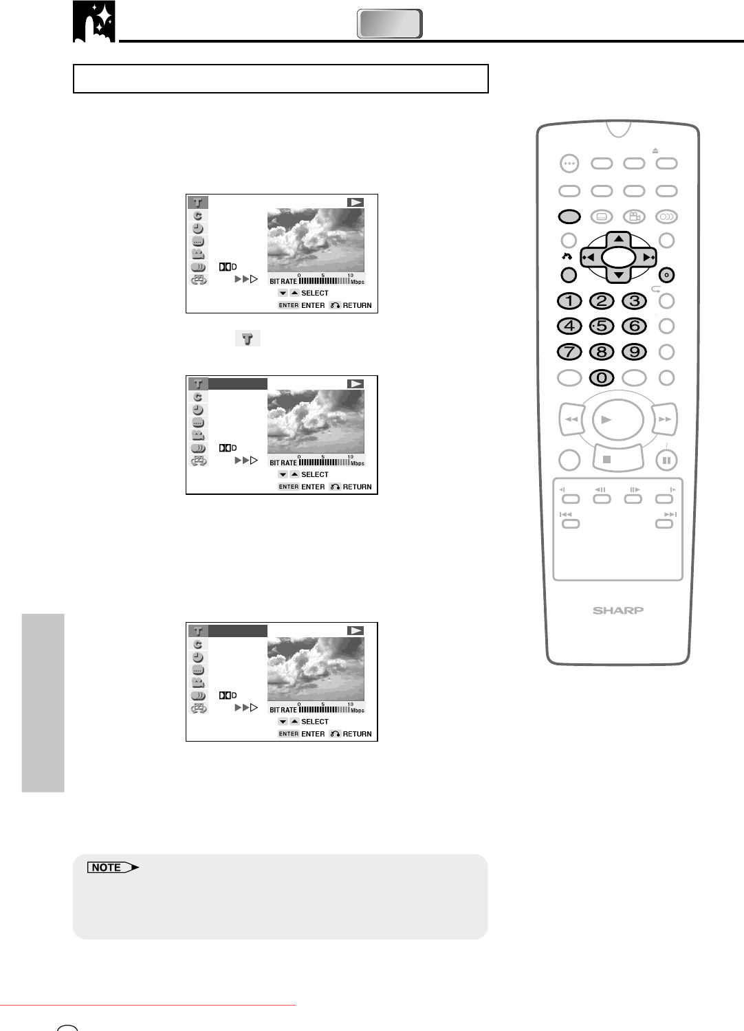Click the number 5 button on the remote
[602, 326]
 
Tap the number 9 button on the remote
[635, 352]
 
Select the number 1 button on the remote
[569, 301]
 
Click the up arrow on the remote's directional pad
[619, 239]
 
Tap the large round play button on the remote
[618, 420]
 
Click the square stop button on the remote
[618, 458]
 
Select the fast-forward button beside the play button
[664, 419]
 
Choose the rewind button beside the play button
[571, 419]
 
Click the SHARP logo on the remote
[618, 610]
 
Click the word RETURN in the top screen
[358, 305]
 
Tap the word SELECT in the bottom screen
[315, 722]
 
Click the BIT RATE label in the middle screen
[283, 463]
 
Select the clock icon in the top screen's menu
[198, 228]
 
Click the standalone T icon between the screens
[248, 338]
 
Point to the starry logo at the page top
[94, 21]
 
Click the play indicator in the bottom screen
[355, 630]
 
